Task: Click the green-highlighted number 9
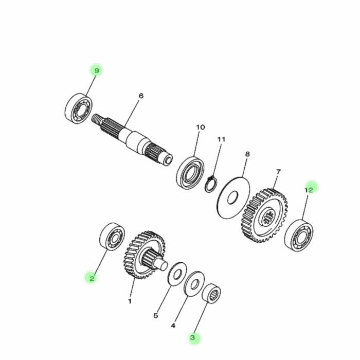click(96, 70)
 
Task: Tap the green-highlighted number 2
click(91, 278)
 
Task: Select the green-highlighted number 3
click(193, 338)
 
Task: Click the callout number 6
click(141, 96)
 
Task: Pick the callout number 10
click(201, 127)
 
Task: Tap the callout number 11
click(222, 139)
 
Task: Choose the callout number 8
click(247, 154)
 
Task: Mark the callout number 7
click(278, 171)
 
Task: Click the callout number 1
click(130, 301)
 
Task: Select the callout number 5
click(156, 316)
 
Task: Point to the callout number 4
click(173, 326)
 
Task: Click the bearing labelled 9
click(78, 107)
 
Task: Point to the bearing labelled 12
click(300, 235)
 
